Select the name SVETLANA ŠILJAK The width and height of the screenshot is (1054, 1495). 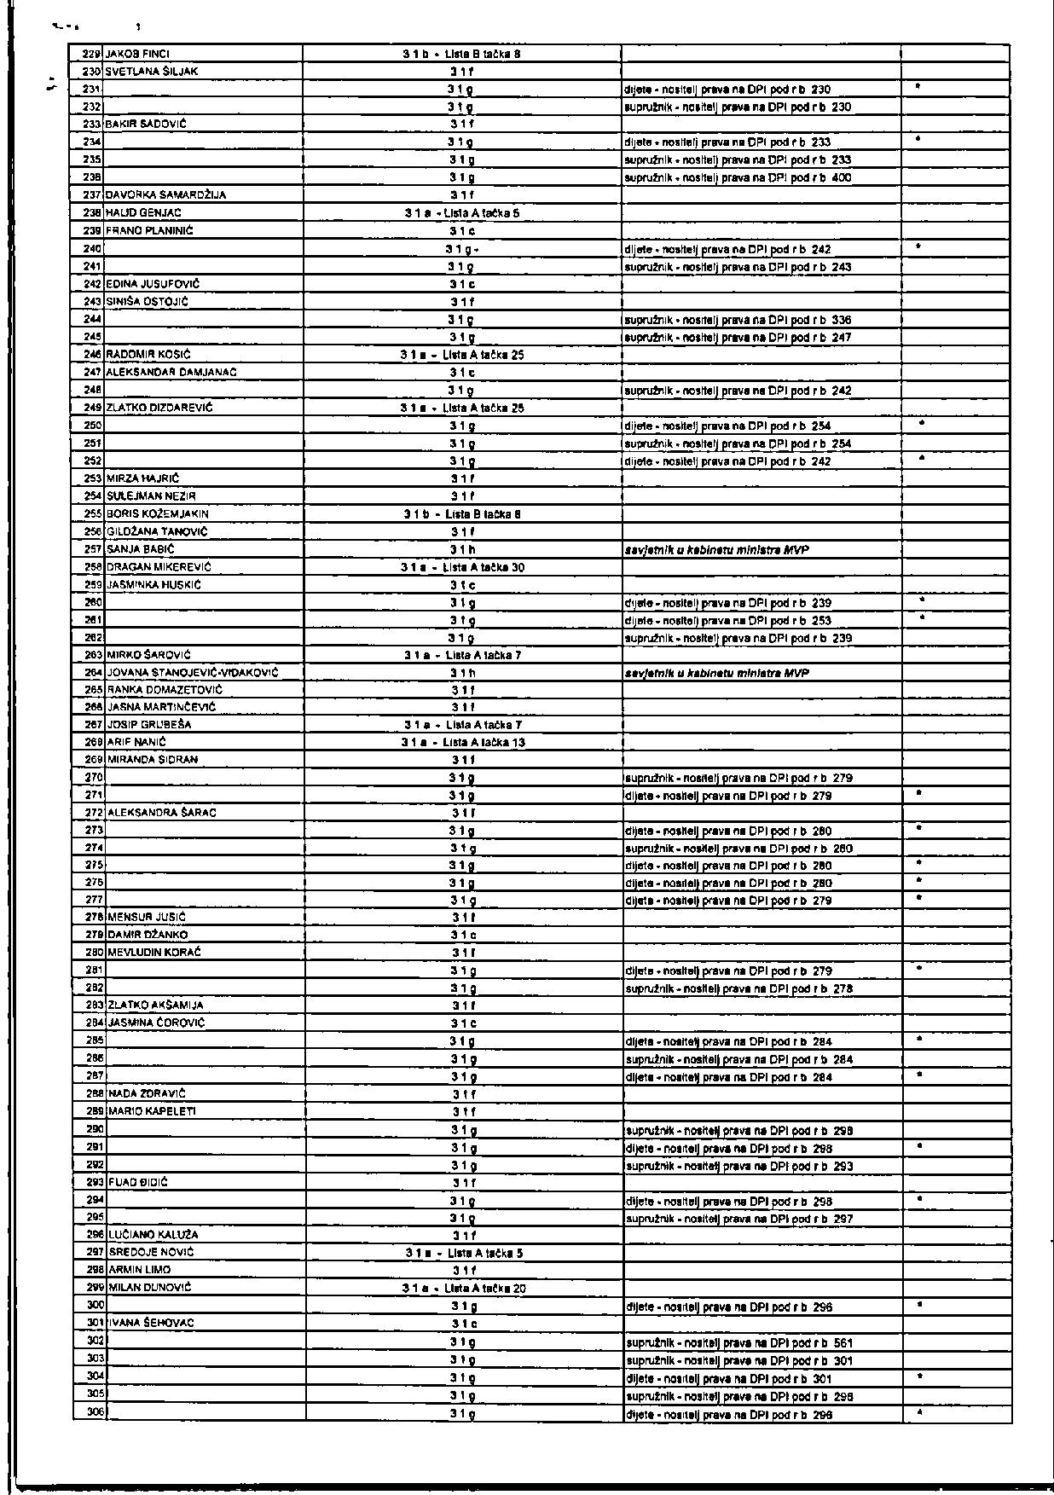152,72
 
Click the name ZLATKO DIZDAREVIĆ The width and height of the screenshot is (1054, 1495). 159,408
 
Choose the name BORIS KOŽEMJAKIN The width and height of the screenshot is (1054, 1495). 158,514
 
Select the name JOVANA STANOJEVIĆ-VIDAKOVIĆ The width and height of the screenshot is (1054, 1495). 193,673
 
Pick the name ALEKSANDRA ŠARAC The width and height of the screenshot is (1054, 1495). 162,813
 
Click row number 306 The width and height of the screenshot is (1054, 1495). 95,1413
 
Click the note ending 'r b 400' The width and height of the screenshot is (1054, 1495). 738,178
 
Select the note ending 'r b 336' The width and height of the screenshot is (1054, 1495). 738,320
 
